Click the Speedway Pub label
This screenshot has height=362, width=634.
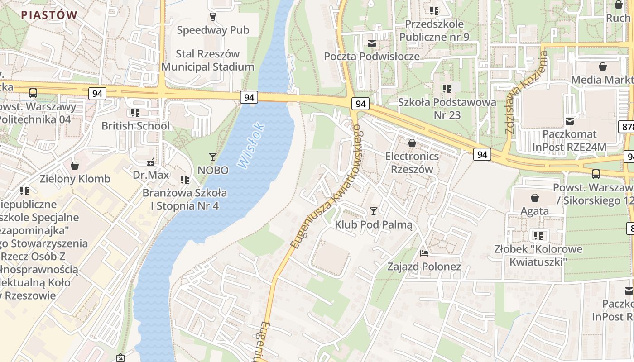click(x=213, y=30)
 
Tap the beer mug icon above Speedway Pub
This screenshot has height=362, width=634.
click(x=212, y=17)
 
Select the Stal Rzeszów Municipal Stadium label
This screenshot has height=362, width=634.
click(x=208, y=60)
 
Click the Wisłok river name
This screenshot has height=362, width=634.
click(x=250, y=146)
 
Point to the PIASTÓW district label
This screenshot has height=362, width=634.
click(x=49, y=14)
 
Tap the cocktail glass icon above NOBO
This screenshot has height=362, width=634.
click(x=212, y=157)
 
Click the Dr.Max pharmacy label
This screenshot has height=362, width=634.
click(x=151, y=175)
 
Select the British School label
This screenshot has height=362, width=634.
click(x=135, y=126)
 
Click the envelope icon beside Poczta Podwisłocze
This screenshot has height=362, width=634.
click(x=372, y=43)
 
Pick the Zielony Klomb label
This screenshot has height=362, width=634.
click(x=75, y=179)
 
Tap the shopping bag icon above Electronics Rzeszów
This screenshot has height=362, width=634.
click(x=412, y=143)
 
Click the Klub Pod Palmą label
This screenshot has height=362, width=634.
click(x=374, y=224)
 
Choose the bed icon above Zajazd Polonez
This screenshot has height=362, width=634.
click(x=424, y=253)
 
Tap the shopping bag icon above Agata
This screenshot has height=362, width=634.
click(x=535, y=198)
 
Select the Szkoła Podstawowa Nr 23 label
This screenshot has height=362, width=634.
click(x=447, y=109)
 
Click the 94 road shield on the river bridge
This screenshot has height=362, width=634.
click(x=249, y=97)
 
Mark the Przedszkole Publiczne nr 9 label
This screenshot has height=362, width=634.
click(x=434, y=30)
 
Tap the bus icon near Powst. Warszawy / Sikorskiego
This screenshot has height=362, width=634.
click(x=596, y=174)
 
